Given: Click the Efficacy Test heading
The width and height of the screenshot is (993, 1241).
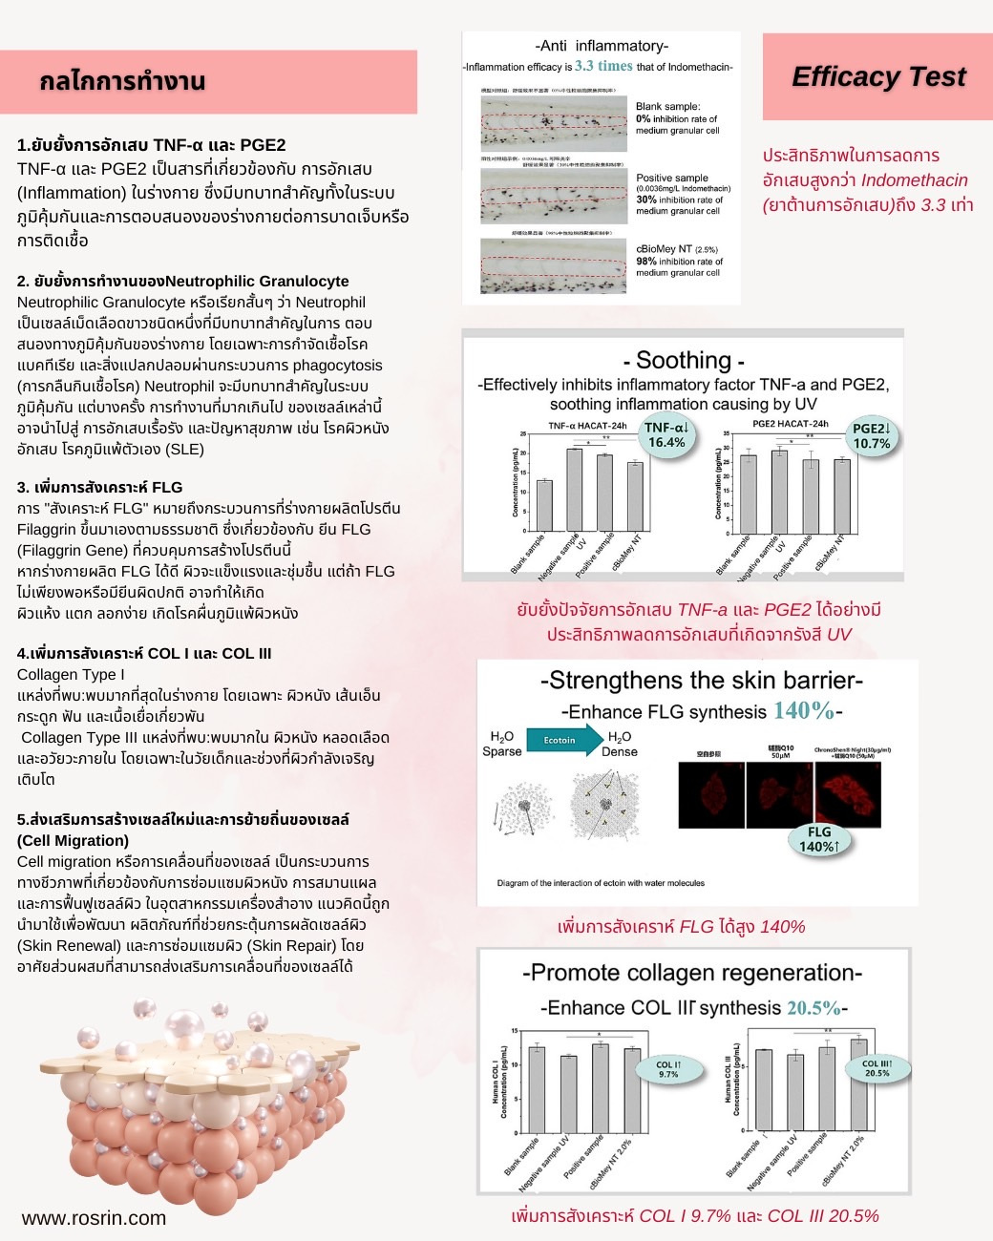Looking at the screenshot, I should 878,76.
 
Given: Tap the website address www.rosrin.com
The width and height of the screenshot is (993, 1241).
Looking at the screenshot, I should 94,1218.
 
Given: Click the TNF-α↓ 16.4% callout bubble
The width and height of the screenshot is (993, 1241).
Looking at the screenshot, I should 666,435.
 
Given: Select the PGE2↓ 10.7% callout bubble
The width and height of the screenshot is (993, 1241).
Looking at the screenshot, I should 871,436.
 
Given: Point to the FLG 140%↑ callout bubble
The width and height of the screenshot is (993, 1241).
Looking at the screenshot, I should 819,839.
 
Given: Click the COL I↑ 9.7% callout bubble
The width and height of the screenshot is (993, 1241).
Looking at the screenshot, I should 668,1069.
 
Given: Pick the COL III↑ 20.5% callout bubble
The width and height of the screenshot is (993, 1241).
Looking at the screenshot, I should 877,1068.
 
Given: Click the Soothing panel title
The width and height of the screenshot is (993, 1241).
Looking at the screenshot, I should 683,360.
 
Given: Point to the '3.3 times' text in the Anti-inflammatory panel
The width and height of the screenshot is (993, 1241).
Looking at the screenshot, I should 603,66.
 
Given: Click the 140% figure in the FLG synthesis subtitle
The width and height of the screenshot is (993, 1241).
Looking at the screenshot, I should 803,710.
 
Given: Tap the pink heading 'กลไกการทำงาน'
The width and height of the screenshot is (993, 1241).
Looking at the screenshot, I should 122,81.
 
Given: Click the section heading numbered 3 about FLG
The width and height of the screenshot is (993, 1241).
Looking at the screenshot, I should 99,487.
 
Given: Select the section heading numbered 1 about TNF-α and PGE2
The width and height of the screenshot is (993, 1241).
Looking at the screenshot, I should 151,145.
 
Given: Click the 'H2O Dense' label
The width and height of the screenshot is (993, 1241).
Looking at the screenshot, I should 620,744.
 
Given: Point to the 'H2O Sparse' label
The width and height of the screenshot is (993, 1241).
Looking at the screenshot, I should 502,744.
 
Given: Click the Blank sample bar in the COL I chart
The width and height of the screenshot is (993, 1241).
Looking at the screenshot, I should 537,1089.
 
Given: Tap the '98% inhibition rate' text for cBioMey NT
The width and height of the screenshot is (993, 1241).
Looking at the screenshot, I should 679,261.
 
